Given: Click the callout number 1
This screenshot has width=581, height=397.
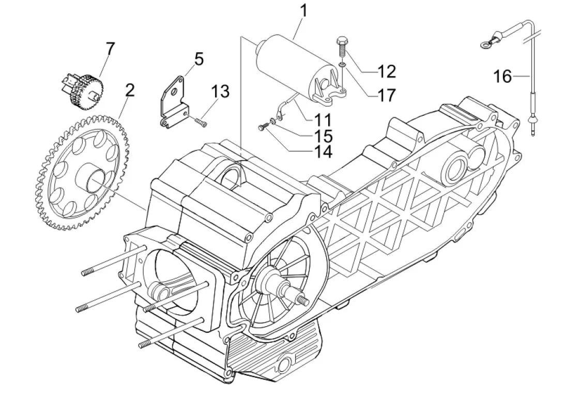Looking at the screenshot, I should (303, 11).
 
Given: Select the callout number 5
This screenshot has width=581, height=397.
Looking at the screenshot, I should (198, 59).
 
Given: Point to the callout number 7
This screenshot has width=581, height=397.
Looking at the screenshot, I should (110, 49).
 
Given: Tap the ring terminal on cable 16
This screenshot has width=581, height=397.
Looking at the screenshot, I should (485, 45).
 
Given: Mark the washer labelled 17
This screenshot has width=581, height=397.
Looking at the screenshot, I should (342, 64).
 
